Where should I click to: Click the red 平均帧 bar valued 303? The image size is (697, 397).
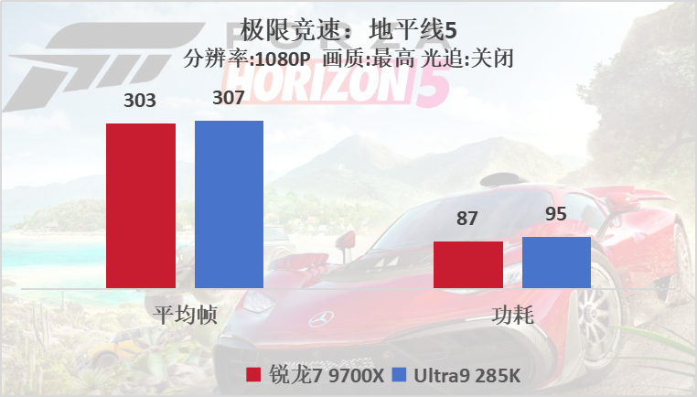141,206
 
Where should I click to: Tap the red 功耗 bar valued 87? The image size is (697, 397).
467,264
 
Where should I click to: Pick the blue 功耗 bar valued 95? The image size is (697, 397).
556,263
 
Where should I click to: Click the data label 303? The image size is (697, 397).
141,101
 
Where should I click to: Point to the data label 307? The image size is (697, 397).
229,97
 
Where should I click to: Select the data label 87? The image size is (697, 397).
467,219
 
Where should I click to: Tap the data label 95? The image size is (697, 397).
556,215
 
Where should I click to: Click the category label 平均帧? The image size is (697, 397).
185,316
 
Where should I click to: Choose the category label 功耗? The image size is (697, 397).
512,316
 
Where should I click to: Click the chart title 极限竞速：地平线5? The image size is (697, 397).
348,29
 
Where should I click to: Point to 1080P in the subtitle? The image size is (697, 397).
280,59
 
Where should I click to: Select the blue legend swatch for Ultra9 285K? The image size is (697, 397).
398,374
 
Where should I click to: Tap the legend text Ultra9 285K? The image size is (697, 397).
466,374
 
